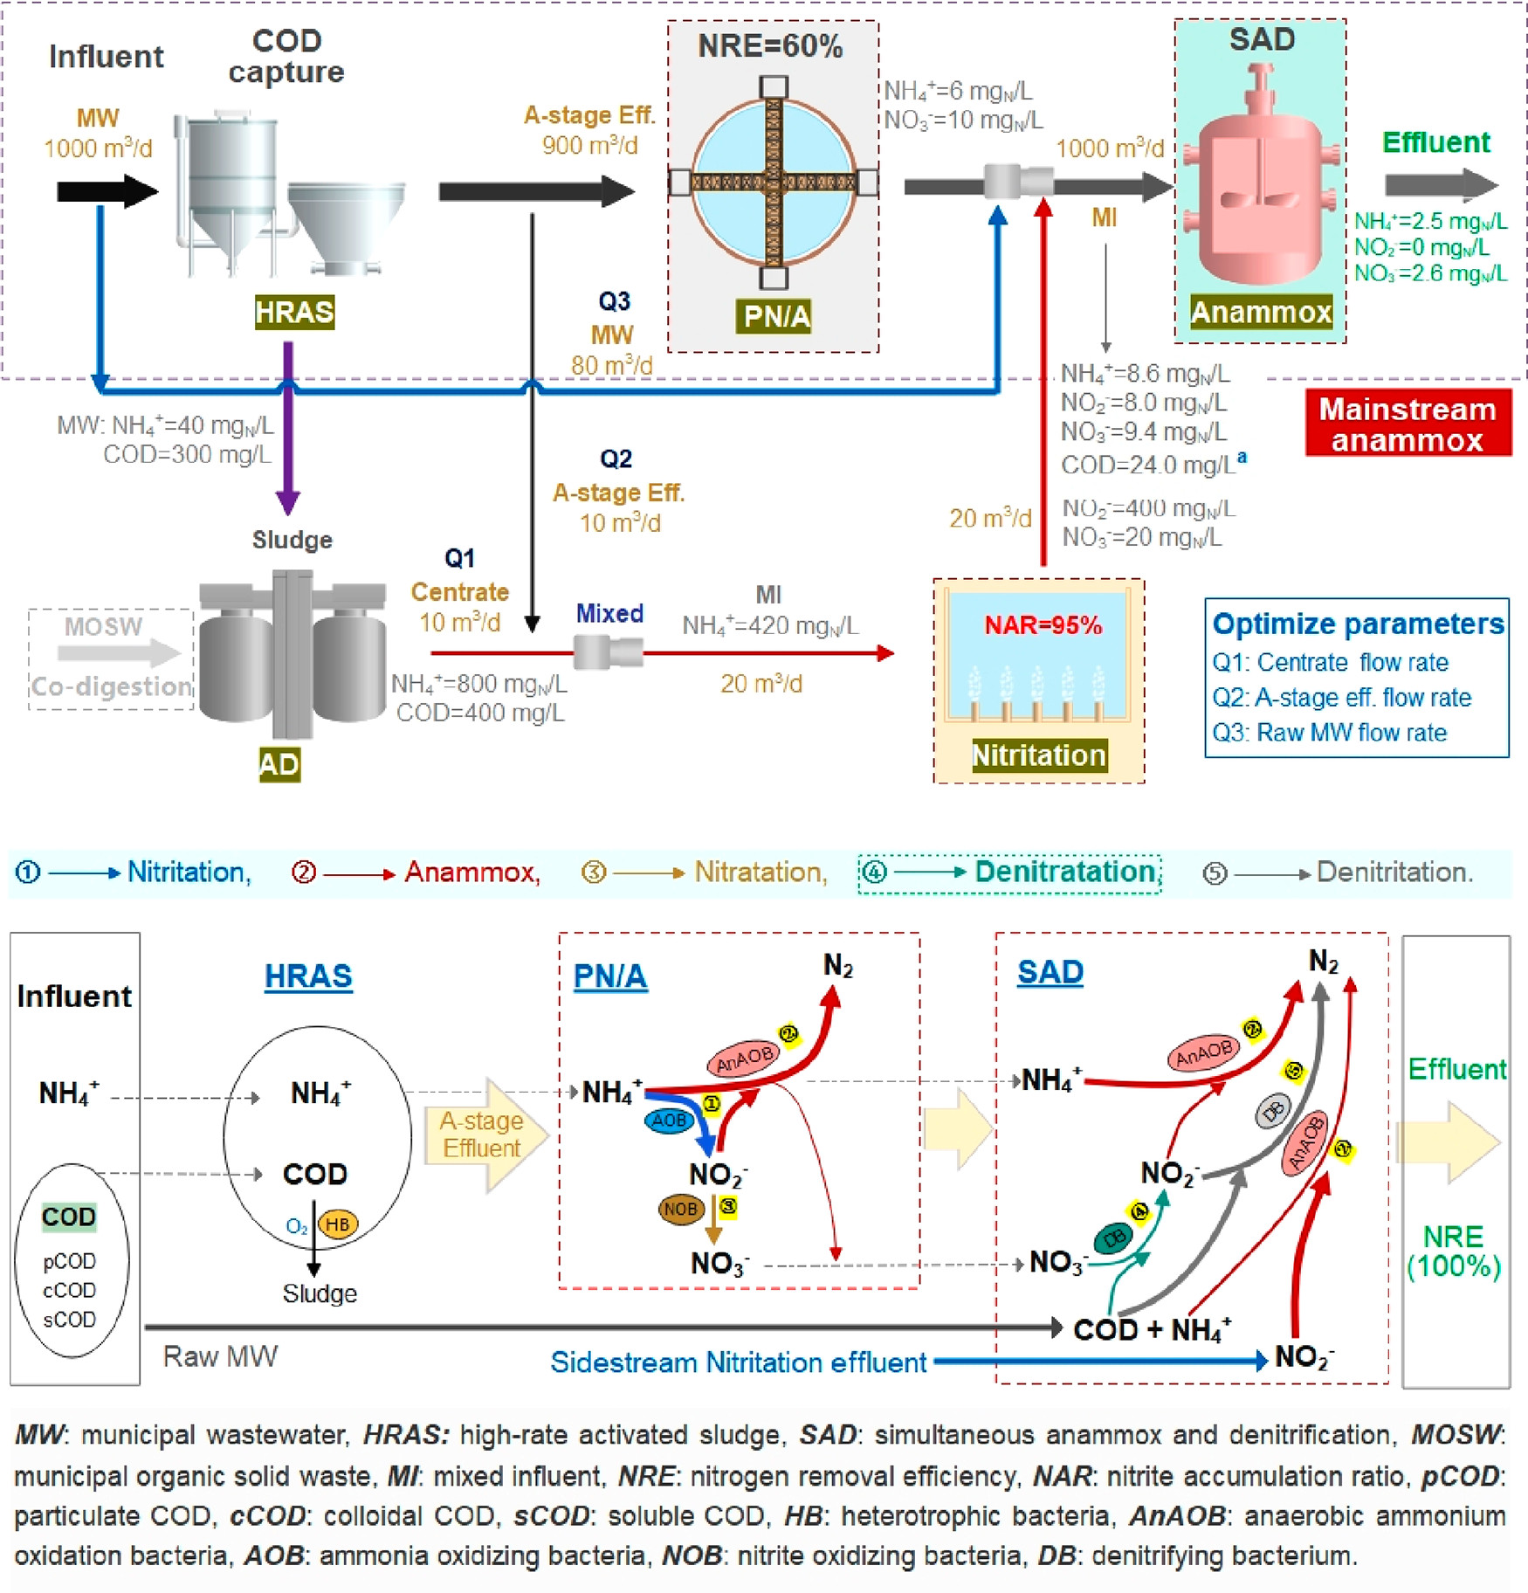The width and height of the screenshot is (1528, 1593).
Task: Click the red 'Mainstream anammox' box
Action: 1407,424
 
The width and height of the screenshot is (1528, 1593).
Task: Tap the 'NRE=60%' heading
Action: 770,46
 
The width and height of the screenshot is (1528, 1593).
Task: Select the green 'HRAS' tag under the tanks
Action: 294,312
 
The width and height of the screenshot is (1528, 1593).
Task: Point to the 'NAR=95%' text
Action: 1043,625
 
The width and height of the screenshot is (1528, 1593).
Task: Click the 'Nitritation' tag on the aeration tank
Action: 1039,755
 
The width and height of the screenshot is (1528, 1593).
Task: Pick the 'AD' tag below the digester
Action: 279,764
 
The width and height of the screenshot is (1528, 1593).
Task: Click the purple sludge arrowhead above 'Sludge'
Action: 288,502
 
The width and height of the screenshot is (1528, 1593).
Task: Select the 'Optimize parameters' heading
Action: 1358,624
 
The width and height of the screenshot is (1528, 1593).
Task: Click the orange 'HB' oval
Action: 337,1224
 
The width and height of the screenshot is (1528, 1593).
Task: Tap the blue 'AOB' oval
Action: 669,1121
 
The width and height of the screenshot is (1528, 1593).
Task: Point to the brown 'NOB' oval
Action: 680,1209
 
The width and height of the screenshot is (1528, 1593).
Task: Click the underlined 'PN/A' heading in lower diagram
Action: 609,976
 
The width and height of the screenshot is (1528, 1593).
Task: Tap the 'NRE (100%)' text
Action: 1454,1252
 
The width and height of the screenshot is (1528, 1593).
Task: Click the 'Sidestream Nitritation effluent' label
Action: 738,1362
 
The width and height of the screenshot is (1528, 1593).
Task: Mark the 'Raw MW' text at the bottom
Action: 220,1356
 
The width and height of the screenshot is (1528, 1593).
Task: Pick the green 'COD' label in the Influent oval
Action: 69,1217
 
